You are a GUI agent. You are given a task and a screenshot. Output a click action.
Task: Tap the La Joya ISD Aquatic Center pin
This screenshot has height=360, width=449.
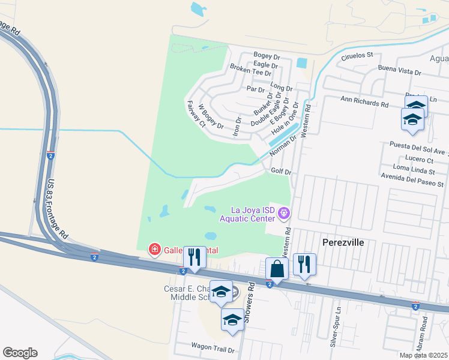click(285, 213)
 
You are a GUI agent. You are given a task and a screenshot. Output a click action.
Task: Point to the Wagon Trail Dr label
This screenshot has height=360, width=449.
click(212, 346)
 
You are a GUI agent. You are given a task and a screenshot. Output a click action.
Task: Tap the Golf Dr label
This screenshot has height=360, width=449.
click(281, 171)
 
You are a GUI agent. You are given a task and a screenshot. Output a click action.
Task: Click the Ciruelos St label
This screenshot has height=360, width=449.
click(357, 55)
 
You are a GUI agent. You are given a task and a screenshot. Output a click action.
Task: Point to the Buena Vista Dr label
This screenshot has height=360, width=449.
click(400, 71)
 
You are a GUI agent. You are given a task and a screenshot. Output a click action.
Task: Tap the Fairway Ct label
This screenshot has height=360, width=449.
click(196, 114)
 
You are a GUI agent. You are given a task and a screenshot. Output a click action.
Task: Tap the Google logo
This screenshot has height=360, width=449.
click(20, 353)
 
